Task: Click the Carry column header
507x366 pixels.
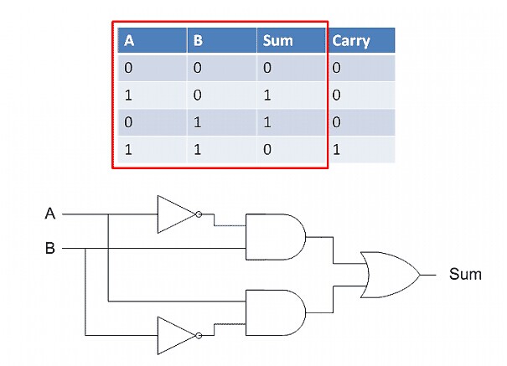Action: [351, 40]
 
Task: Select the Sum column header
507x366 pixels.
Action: [277, 40]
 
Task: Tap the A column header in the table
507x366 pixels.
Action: [130, 40]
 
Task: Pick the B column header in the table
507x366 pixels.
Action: [198, 40]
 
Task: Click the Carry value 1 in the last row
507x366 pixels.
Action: [336, 150]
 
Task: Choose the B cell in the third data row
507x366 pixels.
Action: [198, 122]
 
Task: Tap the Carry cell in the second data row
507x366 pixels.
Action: [336, 95]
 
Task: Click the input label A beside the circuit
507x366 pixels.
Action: [50, 214]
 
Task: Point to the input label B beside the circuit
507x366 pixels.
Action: [50, 248]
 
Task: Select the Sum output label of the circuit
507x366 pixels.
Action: [465, 274]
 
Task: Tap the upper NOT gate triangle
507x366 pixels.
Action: [173, 214]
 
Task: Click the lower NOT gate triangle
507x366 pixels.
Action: [173, 335]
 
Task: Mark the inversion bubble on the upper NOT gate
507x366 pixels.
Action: [198, 214]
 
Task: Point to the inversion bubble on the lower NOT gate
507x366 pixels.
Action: [198, 335]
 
